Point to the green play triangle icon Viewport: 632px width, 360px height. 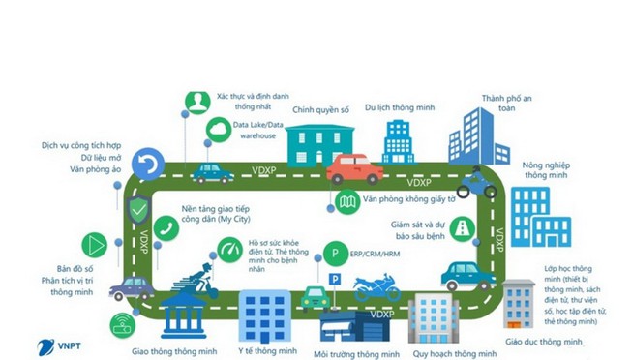click(x=93, y=242)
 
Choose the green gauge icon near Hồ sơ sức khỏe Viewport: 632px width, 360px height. click(x=228, y=250)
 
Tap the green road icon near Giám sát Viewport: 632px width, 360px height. click(x=465, y=228)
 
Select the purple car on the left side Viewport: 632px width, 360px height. click(x=132, y=287)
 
